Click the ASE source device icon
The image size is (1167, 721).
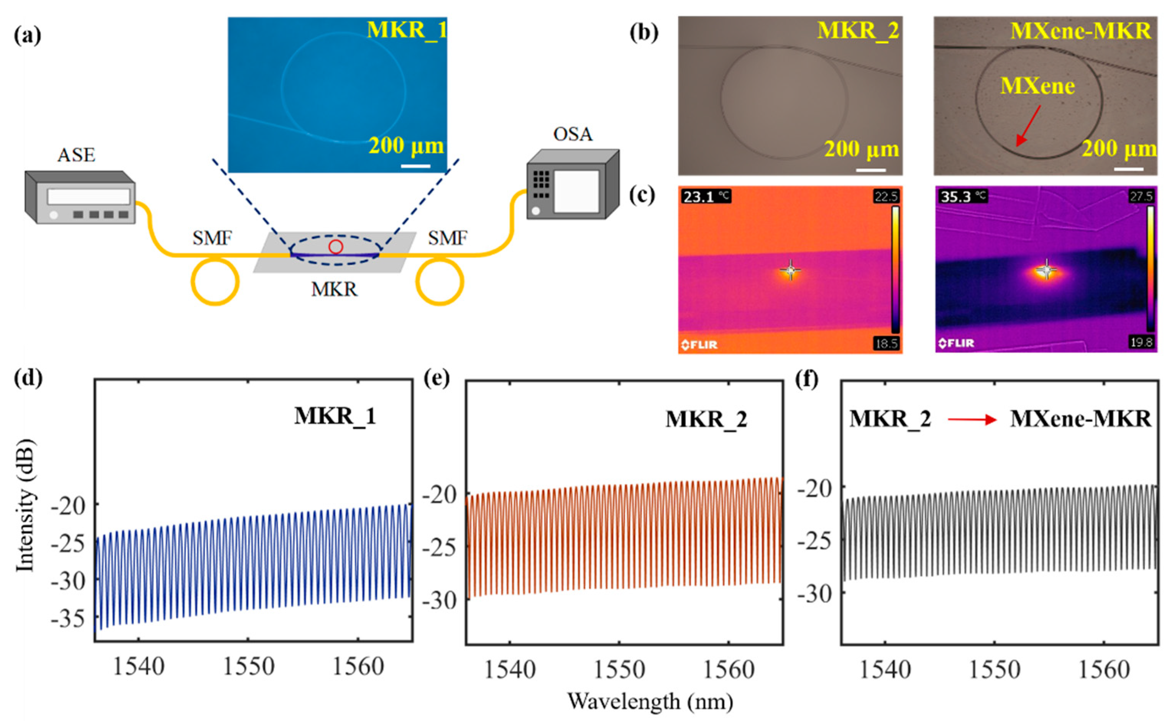80,197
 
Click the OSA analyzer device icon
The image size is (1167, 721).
572,185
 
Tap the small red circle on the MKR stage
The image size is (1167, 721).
336,247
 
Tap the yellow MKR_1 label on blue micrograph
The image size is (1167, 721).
406,29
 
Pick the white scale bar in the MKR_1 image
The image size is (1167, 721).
415,166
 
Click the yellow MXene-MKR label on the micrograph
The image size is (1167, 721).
1080,31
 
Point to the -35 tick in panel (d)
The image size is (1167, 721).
68,619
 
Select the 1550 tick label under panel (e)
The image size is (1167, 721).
619,670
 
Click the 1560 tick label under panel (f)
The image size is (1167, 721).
1103,670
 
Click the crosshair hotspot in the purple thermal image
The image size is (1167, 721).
1046,270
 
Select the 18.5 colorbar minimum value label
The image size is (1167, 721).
886,343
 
